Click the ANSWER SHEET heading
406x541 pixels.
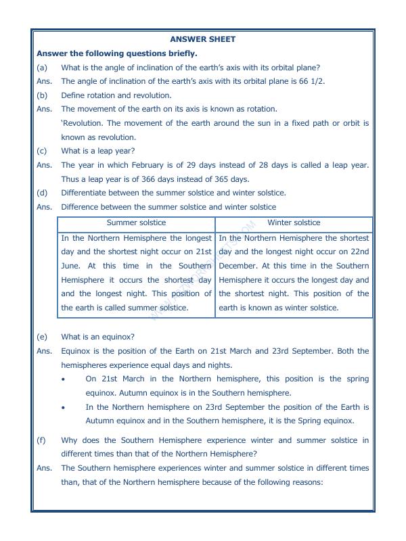tap(203, 39)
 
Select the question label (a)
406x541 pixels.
tap(43, 67)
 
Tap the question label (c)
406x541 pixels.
tap(43, 151)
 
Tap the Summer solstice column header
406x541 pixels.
tap(136, 222)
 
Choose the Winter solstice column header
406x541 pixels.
tap(294, 222)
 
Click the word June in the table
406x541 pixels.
tap(70, 266)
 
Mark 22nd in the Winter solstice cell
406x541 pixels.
tap(359, 252)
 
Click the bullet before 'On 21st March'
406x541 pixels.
tap(63, 379)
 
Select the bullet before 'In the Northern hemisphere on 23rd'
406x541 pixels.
tap(63, 408)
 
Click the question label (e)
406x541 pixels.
tap(43, 337)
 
